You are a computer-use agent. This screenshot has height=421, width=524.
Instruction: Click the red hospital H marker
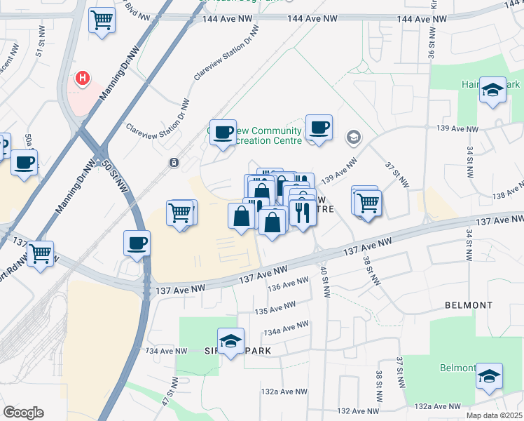coord(83,77)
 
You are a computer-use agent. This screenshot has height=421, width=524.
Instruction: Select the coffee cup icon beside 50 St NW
coord(137,243)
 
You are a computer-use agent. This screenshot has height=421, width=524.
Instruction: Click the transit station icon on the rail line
coord(173,163)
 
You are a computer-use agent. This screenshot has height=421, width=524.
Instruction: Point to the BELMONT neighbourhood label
coord(469,306)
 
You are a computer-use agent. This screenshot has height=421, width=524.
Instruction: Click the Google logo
coord(23,413)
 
